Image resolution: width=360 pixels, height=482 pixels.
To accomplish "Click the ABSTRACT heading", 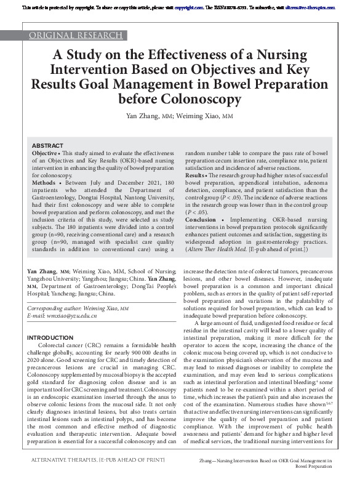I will [47, 145].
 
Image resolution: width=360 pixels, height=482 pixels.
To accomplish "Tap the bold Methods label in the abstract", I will [44, 183].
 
